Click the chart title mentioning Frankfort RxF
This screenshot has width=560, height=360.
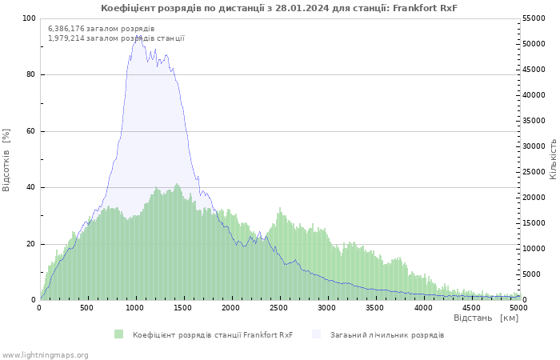279,8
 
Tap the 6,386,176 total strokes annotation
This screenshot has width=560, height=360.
101,29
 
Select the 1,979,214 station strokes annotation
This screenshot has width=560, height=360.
116,38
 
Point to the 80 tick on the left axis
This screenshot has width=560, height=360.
30,75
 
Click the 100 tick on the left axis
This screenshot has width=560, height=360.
29,18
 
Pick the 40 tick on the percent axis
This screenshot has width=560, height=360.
30,188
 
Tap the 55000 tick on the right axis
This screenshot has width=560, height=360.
534,18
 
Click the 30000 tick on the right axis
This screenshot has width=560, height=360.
534,146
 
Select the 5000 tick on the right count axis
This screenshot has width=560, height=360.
531,274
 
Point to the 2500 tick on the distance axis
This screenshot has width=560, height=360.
279,307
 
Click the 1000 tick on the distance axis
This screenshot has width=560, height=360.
135,307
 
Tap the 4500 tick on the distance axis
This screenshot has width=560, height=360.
471,307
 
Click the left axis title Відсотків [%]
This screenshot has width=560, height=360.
6,159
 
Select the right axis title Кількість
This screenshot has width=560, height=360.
553,158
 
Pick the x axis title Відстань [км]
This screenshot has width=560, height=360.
486,318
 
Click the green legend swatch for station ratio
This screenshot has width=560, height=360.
119,334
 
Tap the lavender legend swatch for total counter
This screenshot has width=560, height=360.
317,334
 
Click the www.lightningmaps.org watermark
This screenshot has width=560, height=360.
45,354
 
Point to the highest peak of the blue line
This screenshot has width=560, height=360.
137,37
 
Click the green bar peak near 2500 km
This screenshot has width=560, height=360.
279,209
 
